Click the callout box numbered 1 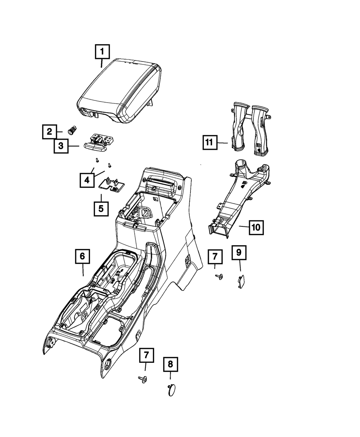click(102, 52)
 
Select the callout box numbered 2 click(49, 132)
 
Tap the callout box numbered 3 click(61, 146)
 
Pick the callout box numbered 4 click(87, 180)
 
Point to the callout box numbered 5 click(101, 208)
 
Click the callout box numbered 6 click(82, 256)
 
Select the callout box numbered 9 click(239, 253)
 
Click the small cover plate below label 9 click(240, 281)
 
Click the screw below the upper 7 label click(217, 276)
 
